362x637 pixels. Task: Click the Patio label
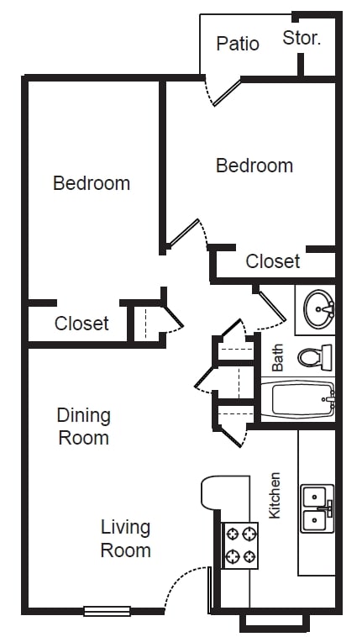tap(238, 43)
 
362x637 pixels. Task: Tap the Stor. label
tap(302, 38)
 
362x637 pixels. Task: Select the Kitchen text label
tap(274, 494)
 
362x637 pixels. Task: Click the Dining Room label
tap(83, 426)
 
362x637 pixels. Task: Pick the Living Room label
tap(126, 539)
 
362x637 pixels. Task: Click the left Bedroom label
tap(92, 182)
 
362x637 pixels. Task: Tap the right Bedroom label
tap(254, 165)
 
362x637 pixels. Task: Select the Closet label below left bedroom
tap(81, 323)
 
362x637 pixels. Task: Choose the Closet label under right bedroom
tap(272, 261)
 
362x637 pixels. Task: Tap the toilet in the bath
tap(316, 356)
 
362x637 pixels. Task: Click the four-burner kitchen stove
tap(239, 545)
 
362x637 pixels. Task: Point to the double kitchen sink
tap(317, 508)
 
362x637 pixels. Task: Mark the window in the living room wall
tap(107, 611)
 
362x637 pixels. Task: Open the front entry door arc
tap(184, 583)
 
